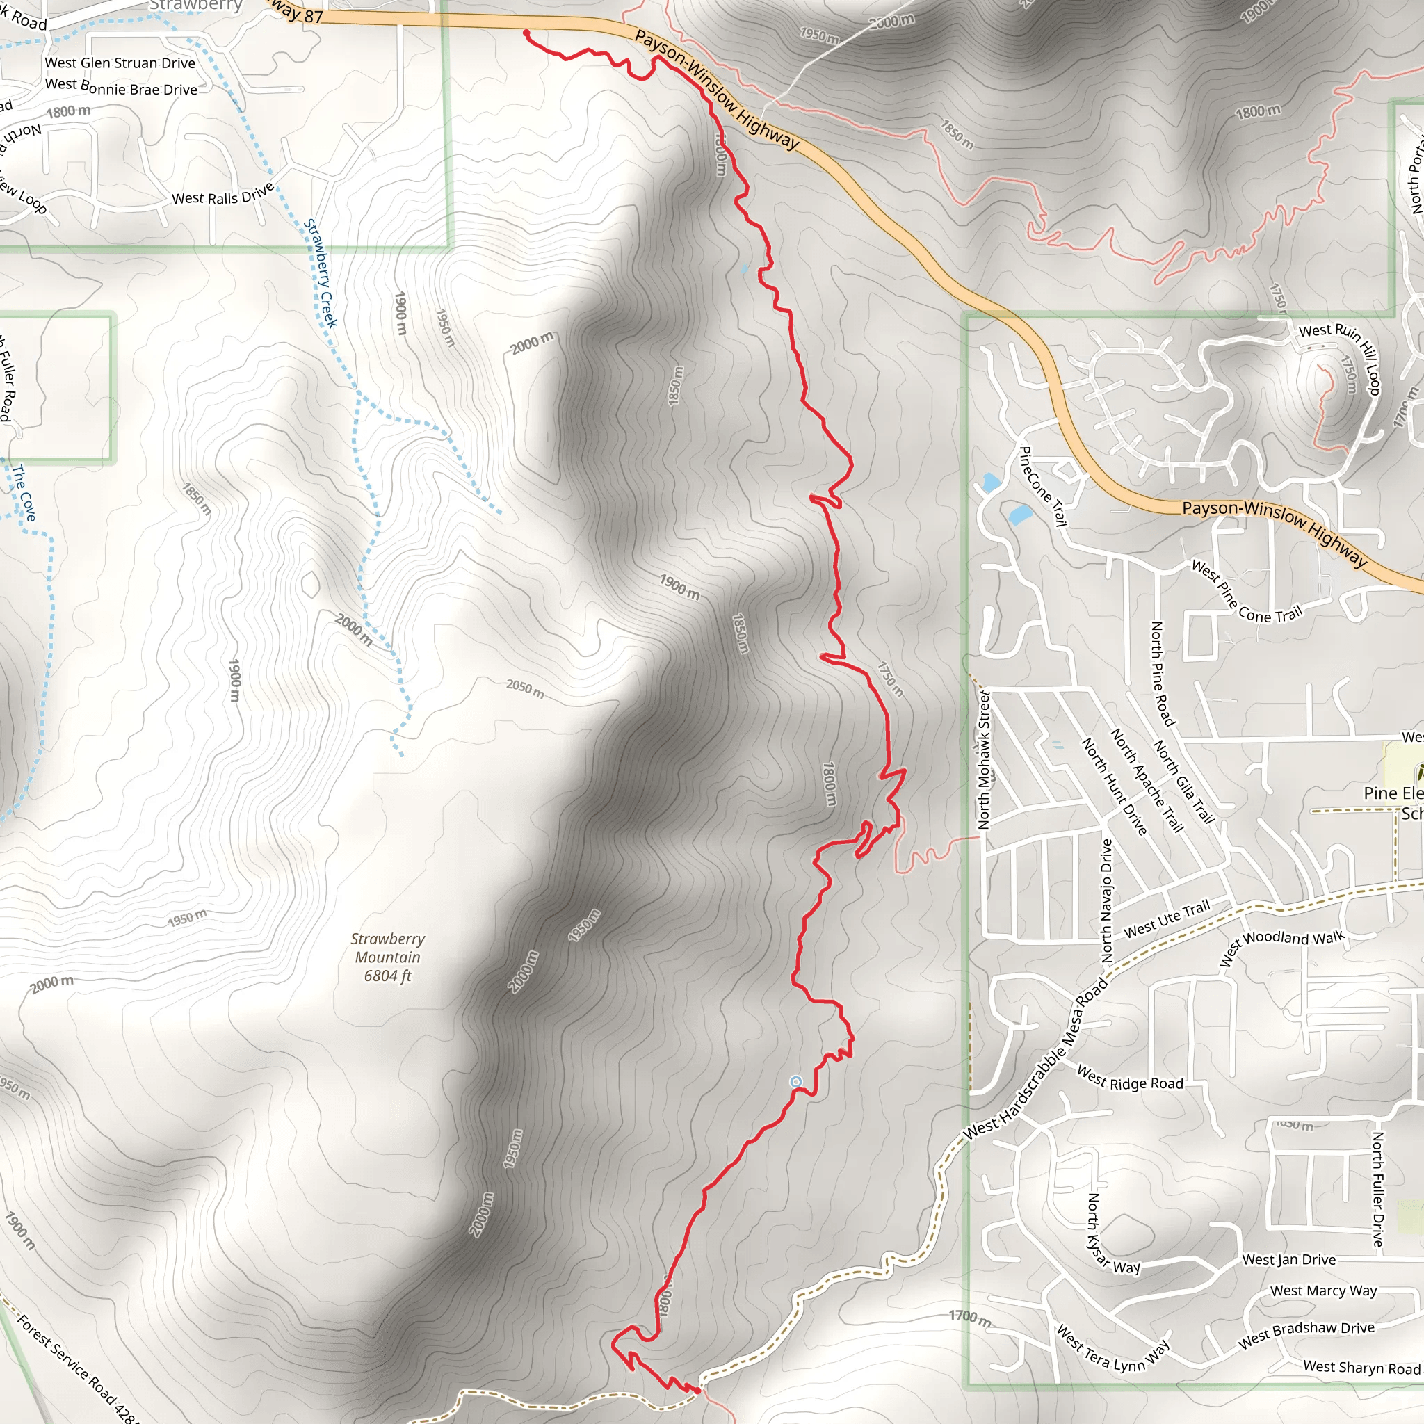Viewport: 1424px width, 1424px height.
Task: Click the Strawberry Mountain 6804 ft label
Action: pyautogui.click(x=387, y=957)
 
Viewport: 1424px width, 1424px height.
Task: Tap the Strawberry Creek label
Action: pyautogui.click(x=321, y=273)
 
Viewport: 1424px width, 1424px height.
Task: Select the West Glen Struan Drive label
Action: pyautogui.click(x=120, y=63)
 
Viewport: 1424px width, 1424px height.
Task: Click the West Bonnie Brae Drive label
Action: pyautogui.click(x=121, y=87)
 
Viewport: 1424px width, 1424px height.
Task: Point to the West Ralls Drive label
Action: pyautogui.click(x=222, y=194)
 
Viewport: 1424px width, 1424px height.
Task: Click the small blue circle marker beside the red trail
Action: pyautogui.click(x=795, y=1081)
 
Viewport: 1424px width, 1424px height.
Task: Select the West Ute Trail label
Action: pyautogui.click(x=1166, y=920)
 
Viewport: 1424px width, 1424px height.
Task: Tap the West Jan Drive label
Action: pyautogui.click(x=1288, y=1260)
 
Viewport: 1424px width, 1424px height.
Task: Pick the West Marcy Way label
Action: pyautogui.click(x=1323, y=1290)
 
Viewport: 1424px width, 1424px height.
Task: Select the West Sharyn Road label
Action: pyautogui.click(x=1361, y=1367)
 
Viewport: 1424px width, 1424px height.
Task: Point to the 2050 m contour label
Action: pyautogui.click(x=525, y=688)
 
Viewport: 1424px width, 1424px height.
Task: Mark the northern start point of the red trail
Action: pyautogui.click(x=526, y=33)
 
